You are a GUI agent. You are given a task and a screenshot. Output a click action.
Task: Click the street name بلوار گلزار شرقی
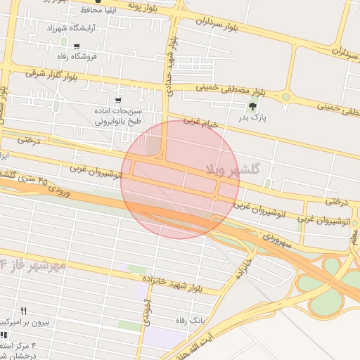point(52,73)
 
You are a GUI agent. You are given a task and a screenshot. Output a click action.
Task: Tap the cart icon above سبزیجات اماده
point(117,91)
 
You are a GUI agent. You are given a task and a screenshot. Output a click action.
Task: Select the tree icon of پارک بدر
point(252,106)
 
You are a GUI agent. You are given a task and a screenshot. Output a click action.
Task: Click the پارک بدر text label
point(258,117)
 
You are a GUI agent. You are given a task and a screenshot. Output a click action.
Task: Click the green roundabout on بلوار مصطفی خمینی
point(286,97)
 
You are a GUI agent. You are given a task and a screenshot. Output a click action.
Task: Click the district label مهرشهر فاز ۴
point(34,264)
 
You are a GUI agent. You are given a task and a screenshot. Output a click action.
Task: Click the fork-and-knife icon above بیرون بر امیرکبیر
point(23,310)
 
